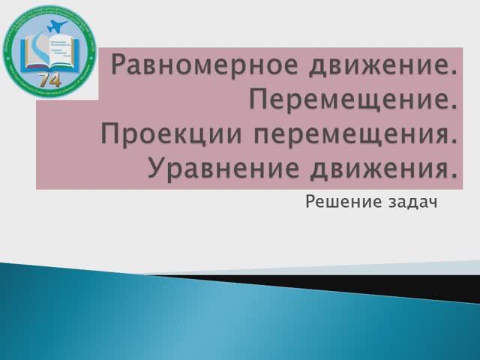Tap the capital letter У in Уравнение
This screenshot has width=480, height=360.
coord(155,169)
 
